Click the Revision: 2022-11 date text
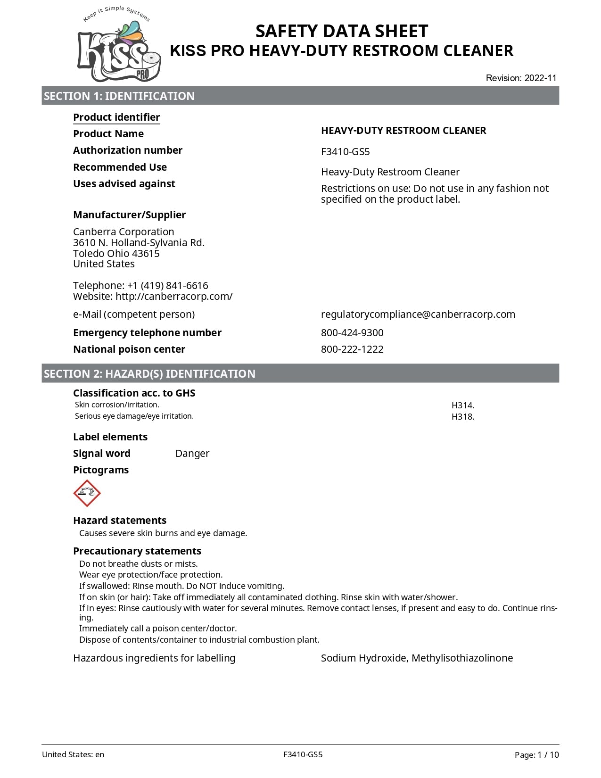coord(521,78)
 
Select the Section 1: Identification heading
coord(119,96)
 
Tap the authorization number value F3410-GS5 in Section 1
coord(345,152)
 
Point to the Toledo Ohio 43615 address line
coord(116,254)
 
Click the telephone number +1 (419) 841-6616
coord(167,286)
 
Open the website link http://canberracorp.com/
coord(174,297)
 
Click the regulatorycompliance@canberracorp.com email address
coord(418,315)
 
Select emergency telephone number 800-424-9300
coord(352,333)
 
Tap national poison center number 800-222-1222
coord(352,349)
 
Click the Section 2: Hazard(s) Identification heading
coord(149,374)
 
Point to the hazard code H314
coord(462,406)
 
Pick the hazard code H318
coord(462,417)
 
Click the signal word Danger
coord(192,454)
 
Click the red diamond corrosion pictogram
coord(87,493)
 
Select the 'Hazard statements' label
coord(120,521)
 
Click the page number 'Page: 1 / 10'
coord(536,755)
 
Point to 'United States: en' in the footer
coord(73,754)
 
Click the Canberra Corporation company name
coord(123,232)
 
